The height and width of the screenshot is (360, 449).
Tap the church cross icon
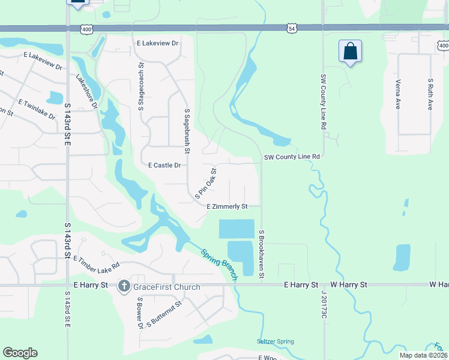pos(124,286)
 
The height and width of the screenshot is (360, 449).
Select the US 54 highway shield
pos(291,28)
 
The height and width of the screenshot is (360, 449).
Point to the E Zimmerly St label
pos(228,206)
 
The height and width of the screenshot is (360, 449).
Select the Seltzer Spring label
pos(277,341)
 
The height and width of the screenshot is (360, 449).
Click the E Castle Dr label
pos(164,165)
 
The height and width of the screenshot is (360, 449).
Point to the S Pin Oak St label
pos(205,183)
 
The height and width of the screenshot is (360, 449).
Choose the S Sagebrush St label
pos(187,131)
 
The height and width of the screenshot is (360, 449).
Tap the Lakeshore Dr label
pos(86,92)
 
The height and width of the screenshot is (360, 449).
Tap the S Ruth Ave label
pos(430,93)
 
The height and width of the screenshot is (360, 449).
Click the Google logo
pos(20,353)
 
